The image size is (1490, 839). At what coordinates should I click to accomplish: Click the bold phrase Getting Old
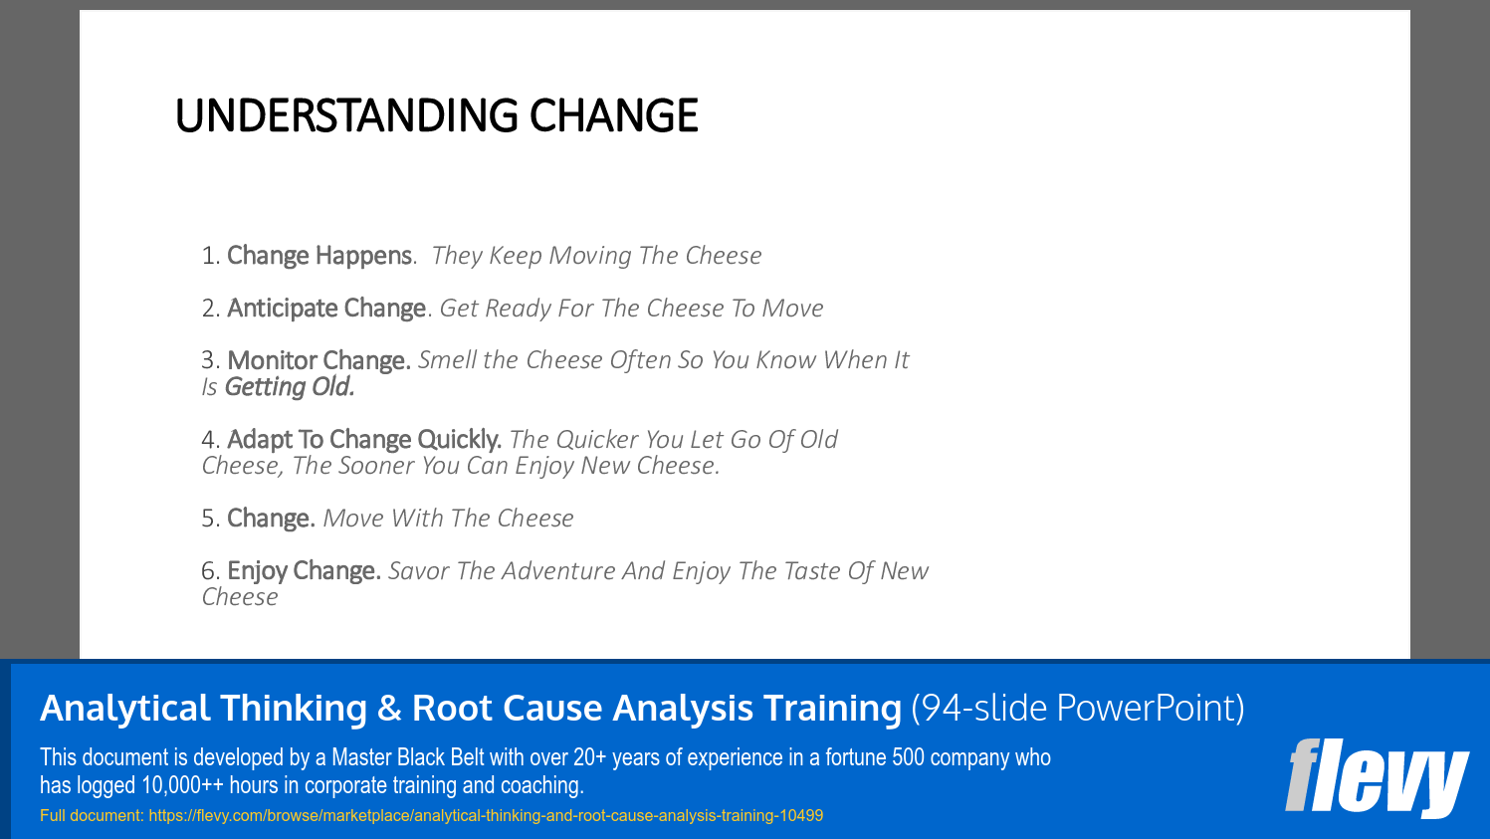click(290, 387)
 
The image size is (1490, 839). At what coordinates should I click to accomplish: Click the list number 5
click(209, 520)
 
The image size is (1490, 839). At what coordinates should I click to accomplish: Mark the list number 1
click(209, 257)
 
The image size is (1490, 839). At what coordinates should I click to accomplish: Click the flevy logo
click(1376, 776)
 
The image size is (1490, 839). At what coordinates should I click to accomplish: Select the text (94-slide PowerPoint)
click(1077, 708)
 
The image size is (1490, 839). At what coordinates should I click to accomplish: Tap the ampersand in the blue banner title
click(389, 709)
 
